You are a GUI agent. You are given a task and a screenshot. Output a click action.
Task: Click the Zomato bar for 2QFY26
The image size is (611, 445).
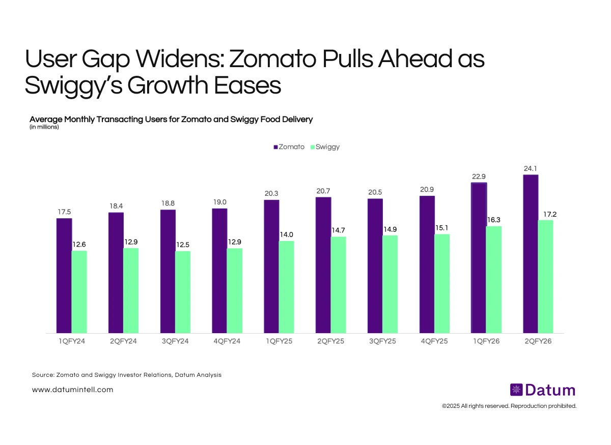[531, 254]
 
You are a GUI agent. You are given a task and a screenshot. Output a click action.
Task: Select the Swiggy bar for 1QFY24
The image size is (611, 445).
[79, 292]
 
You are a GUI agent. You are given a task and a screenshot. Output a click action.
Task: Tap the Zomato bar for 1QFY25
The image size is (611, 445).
[271, 266]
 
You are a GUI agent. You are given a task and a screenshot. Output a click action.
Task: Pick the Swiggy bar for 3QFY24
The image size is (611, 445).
[183, 292]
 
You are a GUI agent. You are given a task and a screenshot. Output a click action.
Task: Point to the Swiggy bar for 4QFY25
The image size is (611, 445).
[442, 284]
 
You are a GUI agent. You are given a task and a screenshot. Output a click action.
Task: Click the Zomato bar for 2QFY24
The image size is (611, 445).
[116, 273]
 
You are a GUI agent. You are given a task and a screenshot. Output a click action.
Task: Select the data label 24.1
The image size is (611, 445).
[530, 168]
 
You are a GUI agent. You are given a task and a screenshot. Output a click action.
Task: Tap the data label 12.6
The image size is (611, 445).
[79, 245]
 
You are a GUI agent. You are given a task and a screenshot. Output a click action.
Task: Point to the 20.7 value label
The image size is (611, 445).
[323, 191]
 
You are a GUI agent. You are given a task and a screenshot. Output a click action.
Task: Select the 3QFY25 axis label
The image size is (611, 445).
[382, 341]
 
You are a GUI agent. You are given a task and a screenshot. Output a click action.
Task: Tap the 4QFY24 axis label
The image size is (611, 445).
[227, 341]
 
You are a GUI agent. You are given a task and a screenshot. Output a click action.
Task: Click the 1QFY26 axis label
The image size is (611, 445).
[486, 341]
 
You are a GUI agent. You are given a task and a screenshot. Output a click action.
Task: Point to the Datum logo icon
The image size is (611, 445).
[516, 390]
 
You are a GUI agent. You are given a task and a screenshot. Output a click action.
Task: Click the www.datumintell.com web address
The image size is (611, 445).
[72, 390]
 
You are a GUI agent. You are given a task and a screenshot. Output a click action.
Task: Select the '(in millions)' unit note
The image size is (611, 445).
[44, 127]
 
